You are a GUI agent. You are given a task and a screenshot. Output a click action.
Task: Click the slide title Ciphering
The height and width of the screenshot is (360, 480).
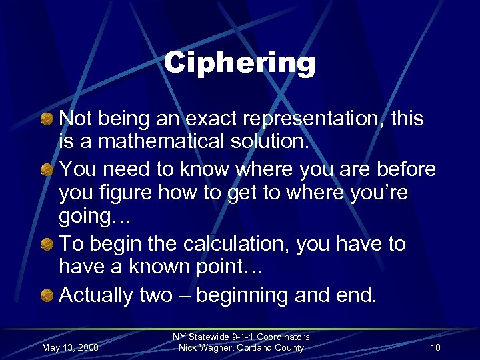[x=239, y=64]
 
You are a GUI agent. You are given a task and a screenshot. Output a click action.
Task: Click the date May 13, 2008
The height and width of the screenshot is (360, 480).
[x=69, y=347]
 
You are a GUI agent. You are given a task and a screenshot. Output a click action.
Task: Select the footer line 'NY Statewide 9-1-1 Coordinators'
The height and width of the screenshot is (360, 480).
[x=241, y=337]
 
